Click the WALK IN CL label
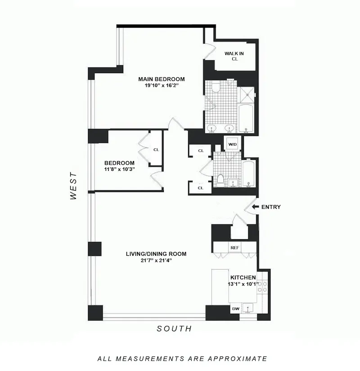point(234,56)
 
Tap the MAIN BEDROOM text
point(161,79)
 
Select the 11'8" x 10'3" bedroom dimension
point(119,169)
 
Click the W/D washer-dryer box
point(232,144)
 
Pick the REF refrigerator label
point(234,247)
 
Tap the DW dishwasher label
point(235,309)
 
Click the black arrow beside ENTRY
point(255,207)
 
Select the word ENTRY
point(271,207)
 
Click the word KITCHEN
point(243,277)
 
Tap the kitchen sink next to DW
point(247,308)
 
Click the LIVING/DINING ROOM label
point(156,254)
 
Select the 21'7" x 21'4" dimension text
point(156,260)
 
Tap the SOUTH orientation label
point(174,329)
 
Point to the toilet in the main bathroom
point(216,87)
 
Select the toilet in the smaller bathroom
point(220,180)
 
